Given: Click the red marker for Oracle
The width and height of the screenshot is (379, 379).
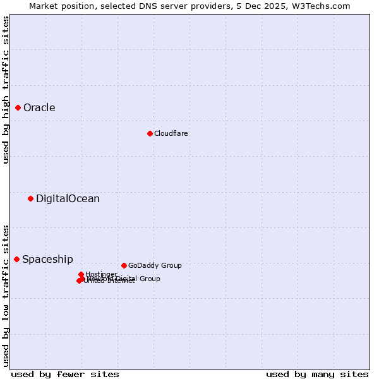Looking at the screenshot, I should click(18, 108).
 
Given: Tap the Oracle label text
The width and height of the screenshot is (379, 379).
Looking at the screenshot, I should click(39, 108).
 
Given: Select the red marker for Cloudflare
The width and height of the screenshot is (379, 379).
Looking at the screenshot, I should click(150, 133).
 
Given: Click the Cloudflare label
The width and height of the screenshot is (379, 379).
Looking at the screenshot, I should click(171, 134).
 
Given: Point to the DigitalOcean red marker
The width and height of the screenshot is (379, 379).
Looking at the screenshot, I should click(30, 199).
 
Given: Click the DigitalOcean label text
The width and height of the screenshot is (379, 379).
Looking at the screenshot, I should click(68, 199).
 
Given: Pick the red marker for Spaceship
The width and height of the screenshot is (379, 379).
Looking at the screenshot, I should click(17, 260).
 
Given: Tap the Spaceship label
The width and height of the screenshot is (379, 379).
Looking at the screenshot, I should click(47, 260).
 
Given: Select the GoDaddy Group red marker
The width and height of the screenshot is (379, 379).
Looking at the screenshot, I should click(124, 265).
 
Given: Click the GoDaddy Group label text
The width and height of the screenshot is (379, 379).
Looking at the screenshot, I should click(155, 266).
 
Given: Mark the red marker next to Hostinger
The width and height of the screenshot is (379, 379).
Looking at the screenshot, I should click(81, 274).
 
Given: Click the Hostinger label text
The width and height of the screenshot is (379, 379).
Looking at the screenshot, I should click(102, 274).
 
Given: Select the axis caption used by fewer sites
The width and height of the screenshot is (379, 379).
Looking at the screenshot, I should click(65, 374).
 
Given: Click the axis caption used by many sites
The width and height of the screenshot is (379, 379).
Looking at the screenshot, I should click(317, 374).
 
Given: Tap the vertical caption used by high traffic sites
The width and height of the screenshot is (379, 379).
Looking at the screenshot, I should click(6, 90).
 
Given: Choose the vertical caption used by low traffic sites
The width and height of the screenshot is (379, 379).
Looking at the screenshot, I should click(6, 296).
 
